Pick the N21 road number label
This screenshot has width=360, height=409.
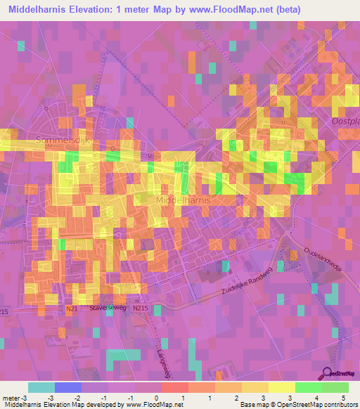[72, 307]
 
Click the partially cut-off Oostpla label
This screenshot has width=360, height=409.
[345, 121]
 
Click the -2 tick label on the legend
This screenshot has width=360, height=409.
[77, 398]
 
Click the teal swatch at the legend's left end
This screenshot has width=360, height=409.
[41, 387]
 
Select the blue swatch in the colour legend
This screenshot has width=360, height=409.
[67, 387]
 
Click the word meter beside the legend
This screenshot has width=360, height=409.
[11, 398]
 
